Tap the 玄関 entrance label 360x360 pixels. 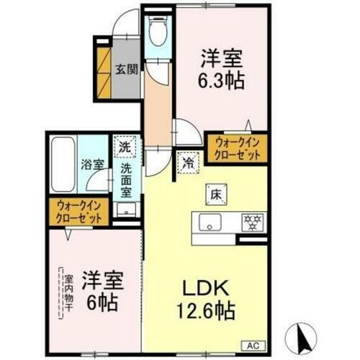pyautogui.click(x=126, y=70)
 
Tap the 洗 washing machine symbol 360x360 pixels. pyautogui.click(x=126, y=148)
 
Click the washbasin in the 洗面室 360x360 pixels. pyautogui.click(x=127, y=210)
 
